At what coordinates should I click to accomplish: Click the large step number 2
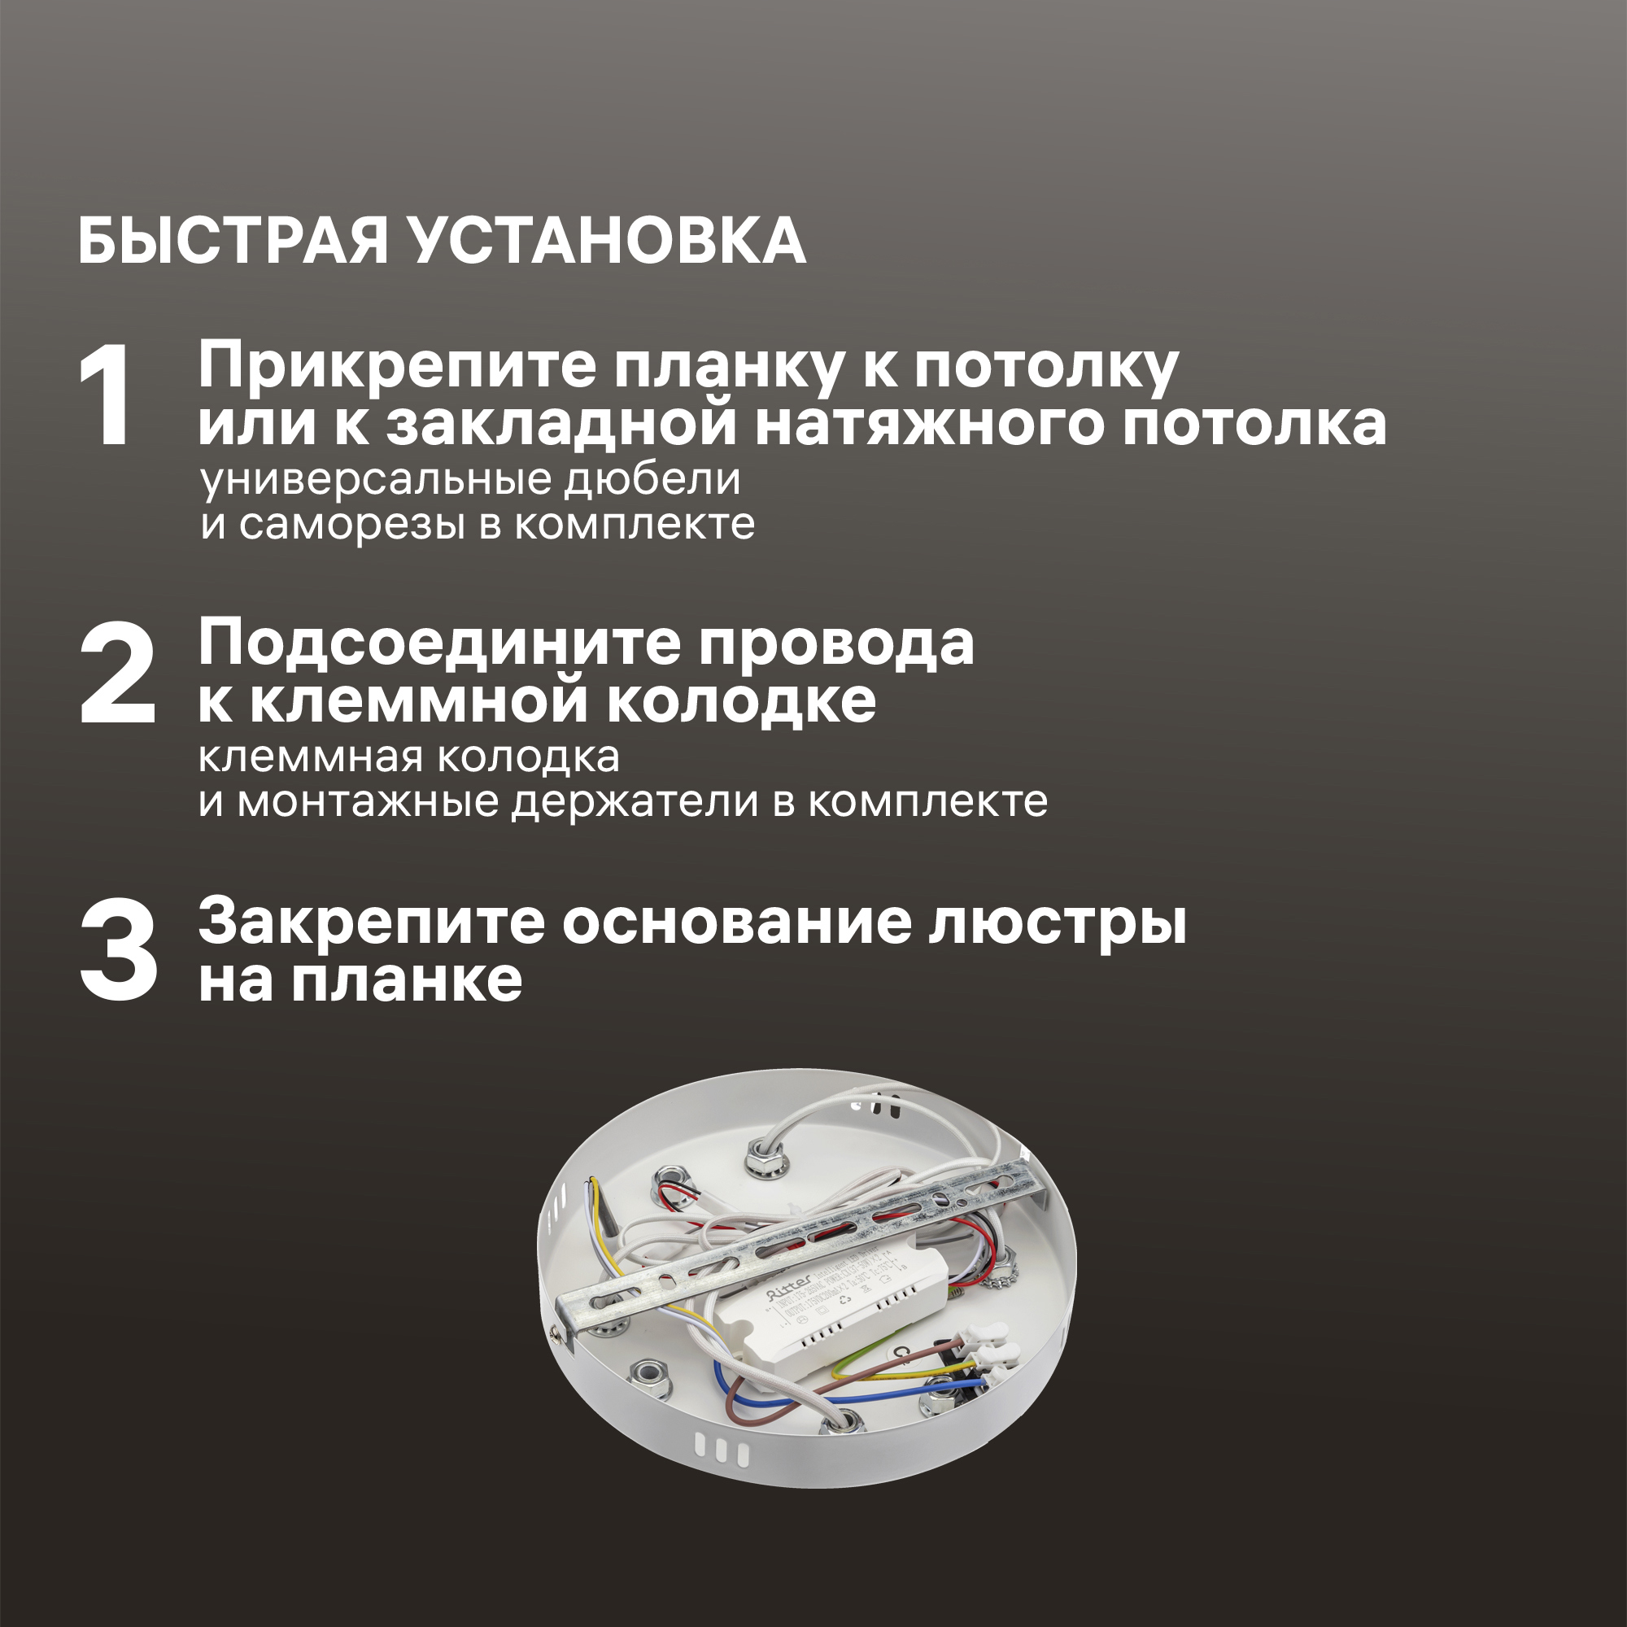click(x=118, y=674)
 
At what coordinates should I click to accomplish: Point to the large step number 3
click(x=118, y=952)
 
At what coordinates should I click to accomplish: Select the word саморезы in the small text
click(x=352, y=525)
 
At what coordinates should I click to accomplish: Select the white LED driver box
click(x=842, y=1314)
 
